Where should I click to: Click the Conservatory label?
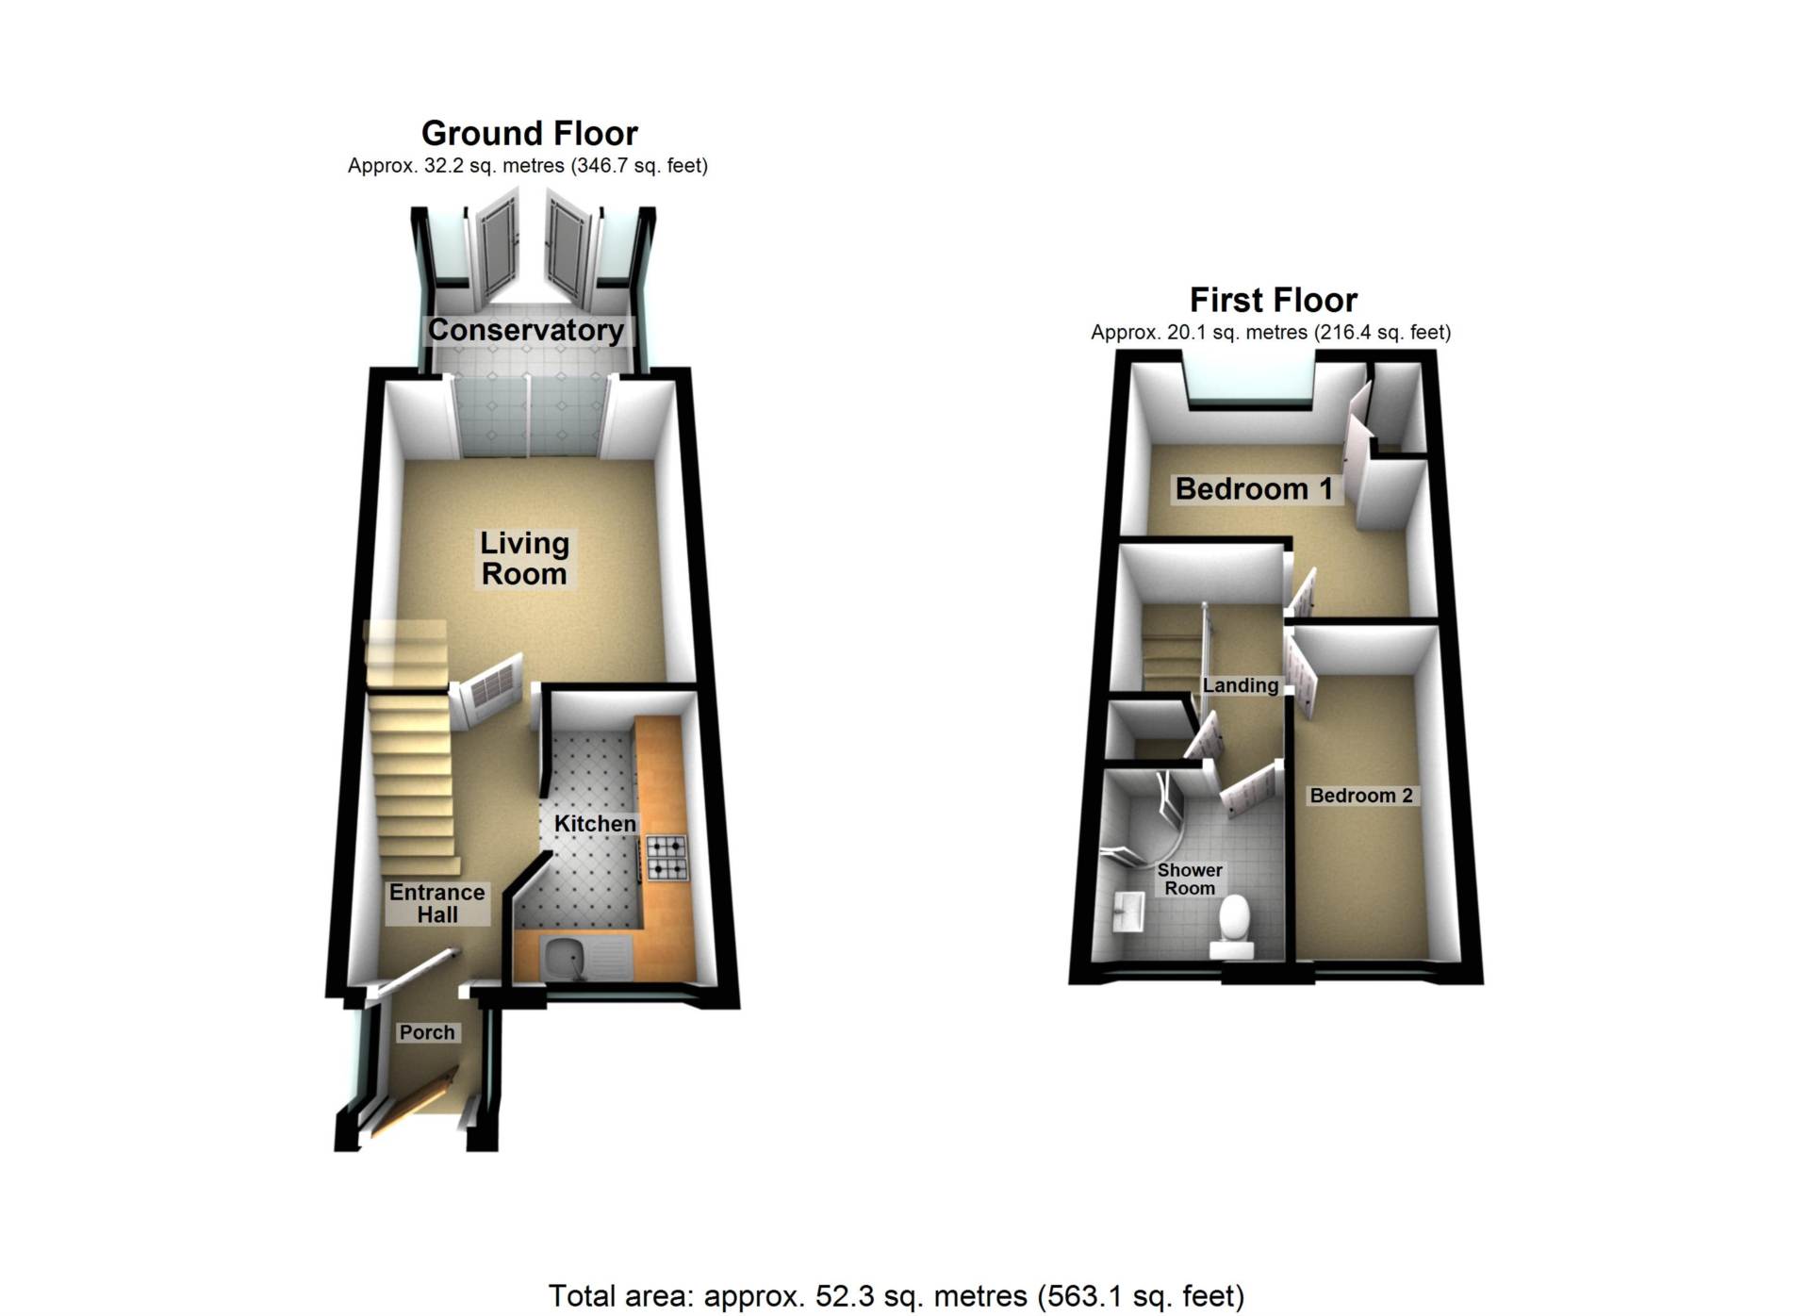[x=526, y=330]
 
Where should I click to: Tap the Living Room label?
[x=524, y=558]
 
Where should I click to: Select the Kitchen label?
[x=595, y=824]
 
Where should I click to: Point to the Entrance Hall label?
[x=437, y=903]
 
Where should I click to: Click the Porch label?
[x=426, y=1032]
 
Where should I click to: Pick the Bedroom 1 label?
[x=1254, y=488]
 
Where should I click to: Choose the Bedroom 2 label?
[x=1361, y=796]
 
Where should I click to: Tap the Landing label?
[x=1241, y=685]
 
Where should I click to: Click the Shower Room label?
[x=1190, y=879]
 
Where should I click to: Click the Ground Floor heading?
[x=529, y=133]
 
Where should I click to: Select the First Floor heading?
[x=1273, y=300]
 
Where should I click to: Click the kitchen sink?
[x=568, y=960]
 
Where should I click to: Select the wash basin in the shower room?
[x=1127, y=911]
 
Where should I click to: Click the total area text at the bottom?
[x=896, y=1296]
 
